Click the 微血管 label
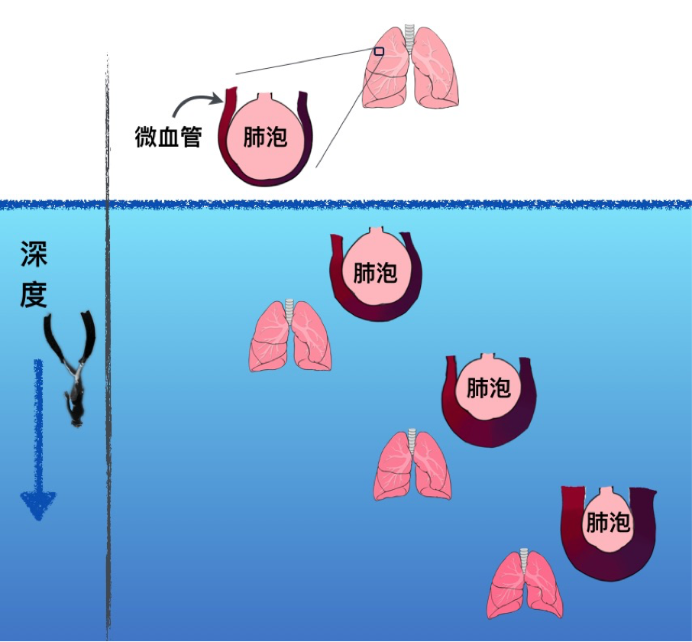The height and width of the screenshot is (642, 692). click(x=168, y=138)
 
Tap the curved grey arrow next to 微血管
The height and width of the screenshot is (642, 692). click(x=196, y=104)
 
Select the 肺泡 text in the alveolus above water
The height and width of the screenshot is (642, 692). click(x=265, y=137)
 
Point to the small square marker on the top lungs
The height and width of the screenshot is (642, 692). click(x=379, y=51)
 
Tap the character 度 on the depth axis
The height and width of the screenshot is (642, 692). click(x=34, y=294)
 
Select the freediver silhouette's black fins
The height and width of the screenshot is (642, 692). click(x=69, y=336)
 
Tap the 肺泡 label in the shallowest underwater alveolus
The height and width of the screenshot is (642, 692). click(x=375, y=271)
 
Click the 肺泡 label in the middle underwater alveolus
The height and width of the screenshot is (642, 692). click(x=488, y=388)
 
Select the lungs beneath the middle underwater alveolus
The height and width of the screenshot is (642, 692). click(x=412, y=466)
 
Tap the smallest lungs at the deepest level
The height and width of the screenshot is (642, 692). click(x=525, y=585)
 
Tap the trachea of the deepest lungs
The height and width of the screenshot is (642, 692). click(x=525, y=557)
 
